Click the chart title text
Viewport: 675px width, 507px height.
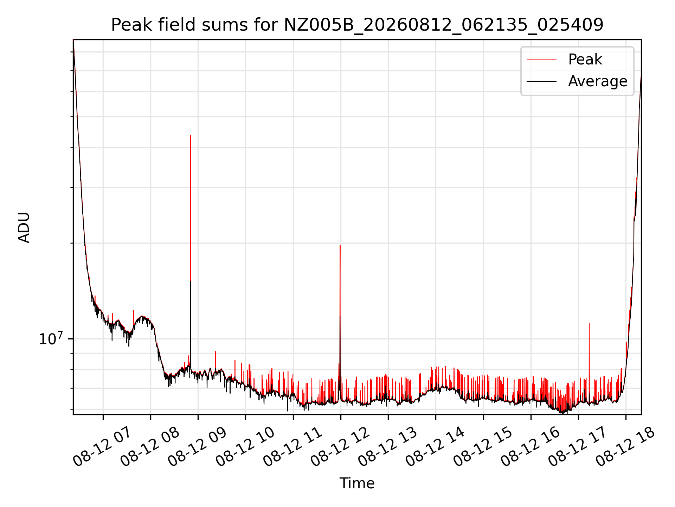[x=357, y=25]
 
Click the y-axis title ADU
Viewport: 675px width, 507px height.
[x=24, y=227]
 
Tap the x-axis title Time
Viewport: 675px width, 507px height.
[x=357, y=483]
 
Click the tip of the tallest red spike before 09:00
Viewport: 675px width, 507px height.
[x=191, y=135]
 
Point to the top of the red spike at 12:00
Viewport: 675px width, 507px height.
[x=340, y=245]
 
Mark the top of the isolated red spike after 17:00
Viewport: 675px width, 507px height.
[x=589, y=323]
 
